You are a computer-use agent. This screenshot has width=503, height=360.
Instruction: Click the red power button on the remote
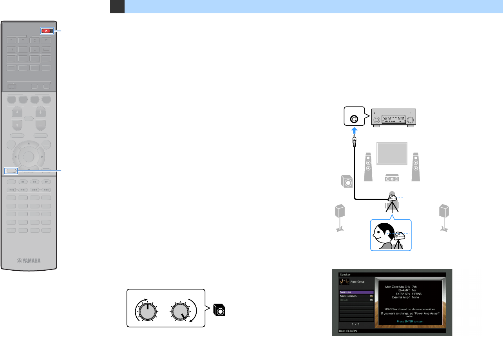coord(46,31)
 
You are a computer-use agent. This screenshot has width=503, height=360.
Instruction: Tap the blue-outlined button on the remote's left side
coord(11,171)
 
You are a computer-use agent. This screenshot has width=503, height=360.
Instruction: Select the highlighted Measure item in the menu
coord(356,292)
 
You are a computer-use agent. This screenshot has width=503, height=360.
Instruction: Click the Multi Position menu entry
coord(356,296)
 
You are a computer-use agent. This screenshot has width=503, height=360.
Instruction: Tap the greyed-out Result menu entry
coord(356,300)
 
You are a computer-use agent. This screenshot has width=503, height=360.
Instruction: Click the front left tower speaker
coord(369,166)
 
